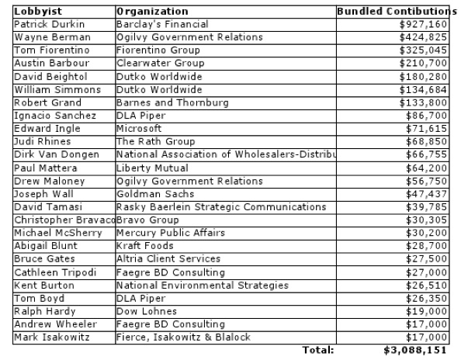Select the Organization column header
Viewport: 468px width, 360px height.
click(x=152, y=12)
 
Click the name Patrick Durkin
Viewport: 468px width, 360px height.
click(x=47, y=25)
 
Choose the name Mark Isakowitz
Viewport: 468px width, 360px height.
click(x=50, y=337)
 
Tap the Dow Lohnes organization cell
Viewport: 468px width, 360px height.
click(x=145, y=311)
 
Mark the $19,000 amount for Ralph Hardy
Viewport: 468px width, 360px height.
click(x=428, y=311)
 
